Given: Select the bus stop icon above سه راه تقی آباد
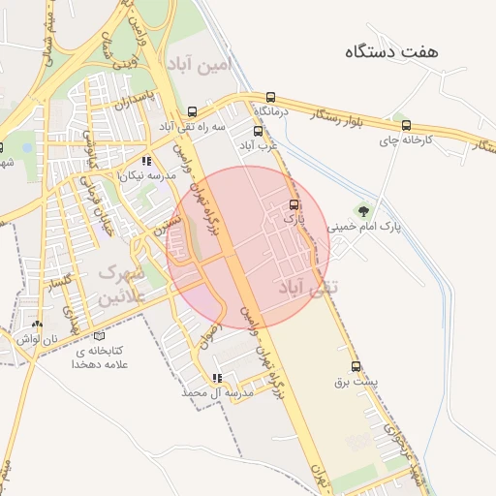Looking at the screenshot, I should click(x=192, y=111).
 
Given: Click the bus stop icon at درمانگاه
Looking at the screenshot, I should click(x=270, y=97).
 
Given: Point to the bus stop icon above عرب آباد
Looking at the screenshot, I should click(x=258, y=131).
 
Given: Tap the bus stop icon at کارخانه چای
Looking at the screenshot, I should click(x=406, y=125).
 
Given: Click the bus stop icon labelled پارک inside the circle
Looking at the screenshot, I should click(x=294, y=205).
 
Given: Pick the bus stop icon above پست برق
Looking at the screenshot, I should click(x=356, y=366).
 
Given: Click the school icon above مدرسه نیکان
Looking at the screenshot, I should click(x=146, y=162).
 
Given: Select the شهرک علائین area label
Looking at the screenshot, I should click(x=121, y=286).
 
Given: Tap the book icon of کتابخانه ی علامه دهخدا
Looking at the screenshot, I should click(x=98, y=336).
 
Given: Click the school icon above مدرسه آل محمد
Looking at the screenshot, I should click(x=217, y=378).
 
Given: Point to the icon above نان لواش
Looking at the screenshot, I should click(x=37, y=325).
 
